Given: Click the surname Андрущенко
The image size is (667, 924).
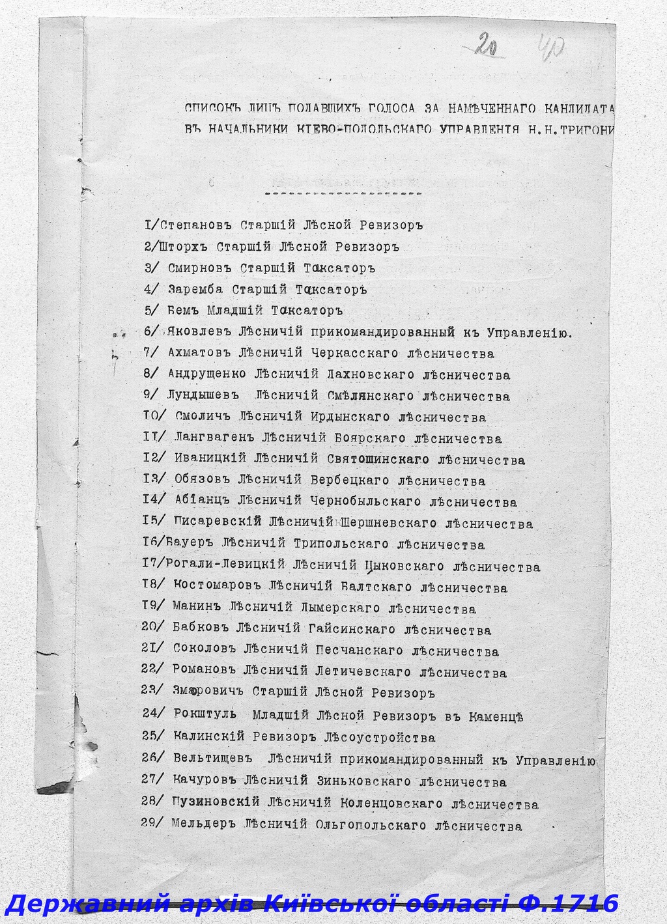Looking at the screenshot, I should (x=207, y=375).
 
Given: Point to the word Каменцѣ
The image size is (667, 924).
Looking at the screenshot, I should (x=496, y=717).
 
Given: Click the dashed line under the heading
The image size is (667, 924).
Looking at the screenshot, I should (x=343, y=194).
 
